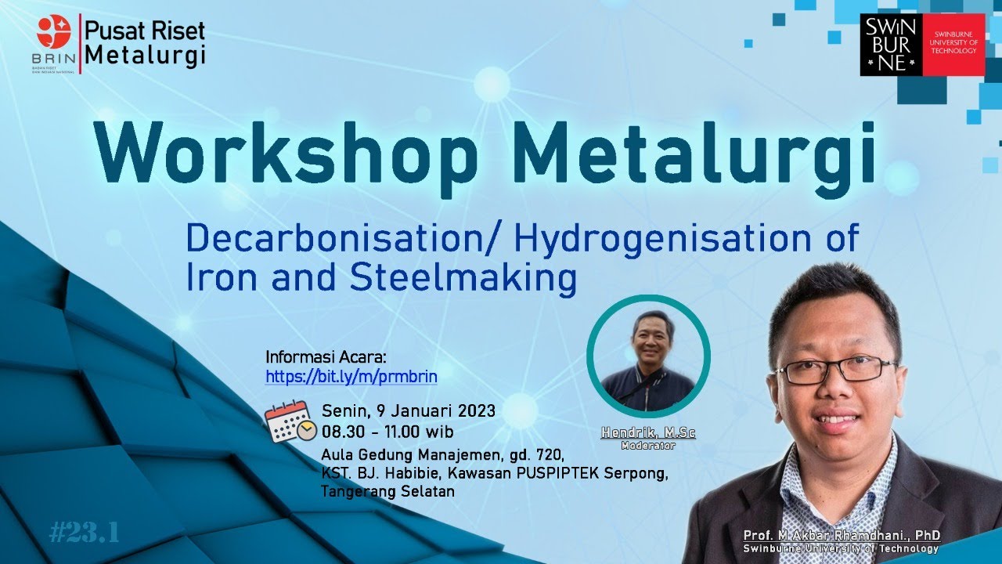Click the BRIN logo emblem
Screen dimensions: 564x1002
click(54, 32)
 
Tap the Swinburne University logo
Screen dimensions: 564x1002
click(921, 45)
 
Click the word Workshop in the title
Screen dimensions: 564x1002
click(287, 152)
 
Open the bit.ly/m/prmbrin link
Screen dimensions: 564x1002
click(351, 377)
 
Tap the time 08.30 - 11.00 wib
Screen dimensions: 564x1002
click(387, 432)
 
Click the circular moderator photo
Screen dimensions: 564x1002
click(648, 356)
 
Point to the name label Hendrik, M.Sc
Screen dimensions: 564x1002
click(648, 433)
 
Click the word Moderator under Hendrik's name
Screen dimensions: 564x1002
click(647, 446)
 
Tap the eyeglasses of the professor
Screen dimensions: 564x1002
click(835, 370)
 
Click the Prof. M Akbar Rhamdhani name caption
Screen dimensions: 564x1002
click(842, 536)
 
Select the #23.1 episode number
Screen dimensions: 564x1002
click(84, 533)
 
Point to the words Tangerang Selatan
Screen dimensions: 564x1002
click(387, 492)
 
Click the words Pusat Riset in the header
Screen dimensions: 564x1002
click(145, 31)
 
